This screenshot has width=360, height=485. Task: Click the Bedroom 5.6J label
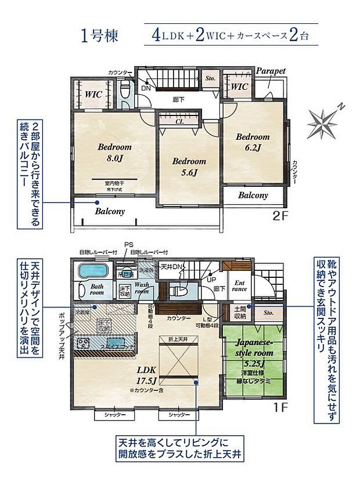(189, 167)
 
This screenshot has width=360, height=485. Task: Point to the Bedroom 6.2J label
(252, 142)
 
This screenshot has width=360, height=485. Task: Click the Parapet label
(271, 71)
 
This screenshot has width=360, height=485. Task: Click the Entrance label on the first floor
(239, 285)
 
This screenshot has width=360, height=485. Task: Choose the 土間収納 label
(240, 313)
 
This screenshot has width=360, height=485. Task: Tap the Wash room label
(142, 288)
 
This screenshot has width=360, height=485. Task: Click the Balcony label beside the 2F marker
(253, 196)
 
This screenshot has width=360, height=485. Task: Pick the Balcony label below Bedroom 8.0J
(110, 212)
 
